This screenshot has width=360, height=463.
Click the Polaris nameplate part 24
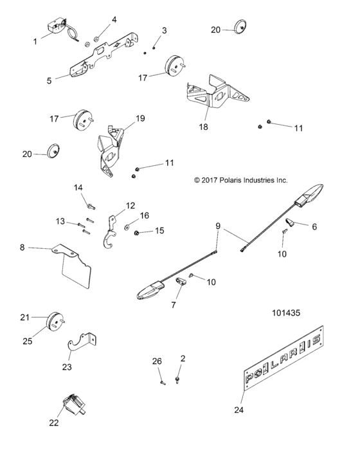point(283,358)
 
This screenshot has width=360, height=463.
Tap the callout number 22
point(54,423)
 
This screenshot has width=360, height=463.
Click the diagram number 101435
point(285,313)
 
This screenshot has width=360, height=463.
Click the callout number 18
point(203,127)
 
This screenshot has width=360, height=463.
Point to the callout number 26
point(157,361)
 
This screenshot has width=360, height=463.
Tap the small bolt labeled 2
point(177,379)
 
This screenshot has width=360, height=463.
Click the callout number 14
point(78,188)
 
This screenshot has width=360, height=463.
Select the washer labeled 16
point(127,227)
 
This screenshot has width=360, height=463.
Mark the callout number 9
point(218,226)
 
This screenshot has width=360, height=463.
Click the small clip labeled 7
point(181,282)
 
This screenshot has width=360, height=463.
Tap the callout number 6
point(314,226)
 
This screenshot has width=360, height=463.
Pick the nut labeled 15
point(137,233)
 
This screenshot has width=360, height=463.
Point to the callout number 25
point(28,341)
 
